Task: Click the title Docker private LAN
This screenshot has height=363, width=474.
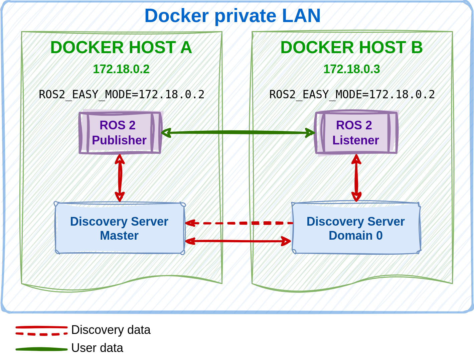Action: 232,16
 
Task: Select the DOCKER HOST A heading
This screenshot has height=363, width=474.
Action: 121,47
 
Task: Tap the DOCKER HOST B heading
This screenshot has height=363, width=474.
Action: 351,47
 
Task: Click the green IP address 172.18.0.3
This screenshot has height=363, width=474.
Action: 352,69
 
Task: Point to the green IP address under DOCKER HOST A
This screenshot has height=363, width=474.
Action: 121,69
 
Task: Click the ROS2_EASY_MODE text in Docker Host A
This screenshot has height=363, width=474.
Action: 122,94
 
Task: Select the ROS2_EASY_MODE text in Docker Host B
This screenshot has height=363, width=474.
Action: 352,94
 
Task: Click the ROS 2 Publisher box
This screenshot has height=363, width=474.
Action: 120,132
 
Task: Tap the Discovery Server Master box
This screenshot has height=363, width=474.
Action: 119,228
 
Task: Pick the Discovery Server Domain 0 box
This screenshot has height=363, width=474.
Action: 356,228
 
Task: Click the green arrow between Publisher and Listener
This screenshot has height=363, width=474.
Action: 238,132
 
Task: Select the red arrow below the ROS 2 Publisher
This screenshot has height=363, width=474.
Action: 120,178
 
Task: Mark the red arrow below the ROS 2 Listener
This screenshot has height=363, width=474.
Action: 356,178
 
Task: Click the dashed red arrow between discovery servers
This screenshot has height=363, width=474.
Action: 239,223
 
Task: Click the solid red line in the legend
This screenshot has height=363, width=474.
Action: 41,327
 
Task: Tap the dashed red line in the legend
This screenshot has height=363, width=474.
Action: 41,334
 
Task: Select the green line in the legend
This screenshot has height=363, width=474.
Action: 41,349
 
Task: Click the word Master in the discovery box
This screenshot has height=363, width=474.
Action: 119,236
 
